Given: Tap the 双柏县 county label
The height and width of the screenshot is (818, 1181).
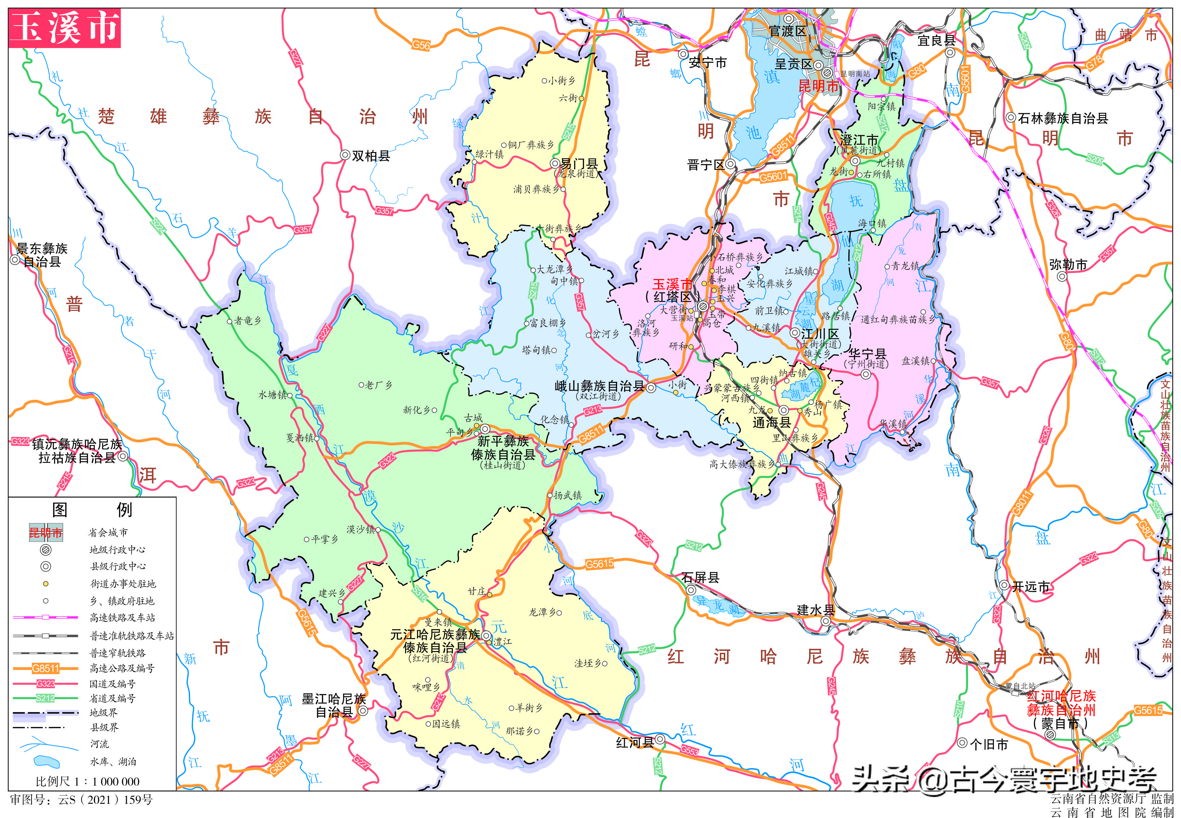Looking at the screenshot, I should pyautogui.click(x=370, y=156).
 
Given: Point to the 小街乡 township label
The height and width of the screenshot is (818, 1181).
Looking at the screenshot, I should pyautogui.click(x=562, y=80).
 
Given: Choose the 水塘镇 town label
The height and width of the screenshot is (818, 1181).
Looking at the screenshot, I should pyautogui.click(x=272, y=395).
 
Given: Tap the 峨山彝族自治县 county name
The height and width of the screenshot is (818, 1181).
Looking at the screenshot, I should pyautogui.click(x=599, y=387).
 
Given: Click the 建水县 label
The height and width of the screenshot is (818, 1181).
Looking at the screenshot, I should pyautogui.click(x=816, y=610).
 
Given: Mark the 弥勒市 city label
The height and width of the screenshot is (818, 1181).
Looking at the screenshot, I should pyautogui.click(x=1068, y=265).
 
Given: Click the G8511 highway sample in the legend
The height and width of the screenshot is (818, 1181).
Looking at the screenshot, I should pyautogui.click(x=46, y=668).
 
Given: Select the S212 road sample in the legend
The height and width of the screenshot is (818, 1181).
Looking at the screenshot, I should pyautogui.click(x=46, y=698).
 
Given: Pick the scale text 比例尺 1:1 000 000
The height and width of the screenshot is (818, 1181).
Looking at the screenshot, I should pyautogui.click(x=88, y=782).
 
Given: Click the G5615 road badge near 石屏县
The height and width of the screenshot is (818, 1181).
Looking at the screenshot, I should pyautogui.click(x=599, y=564).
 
